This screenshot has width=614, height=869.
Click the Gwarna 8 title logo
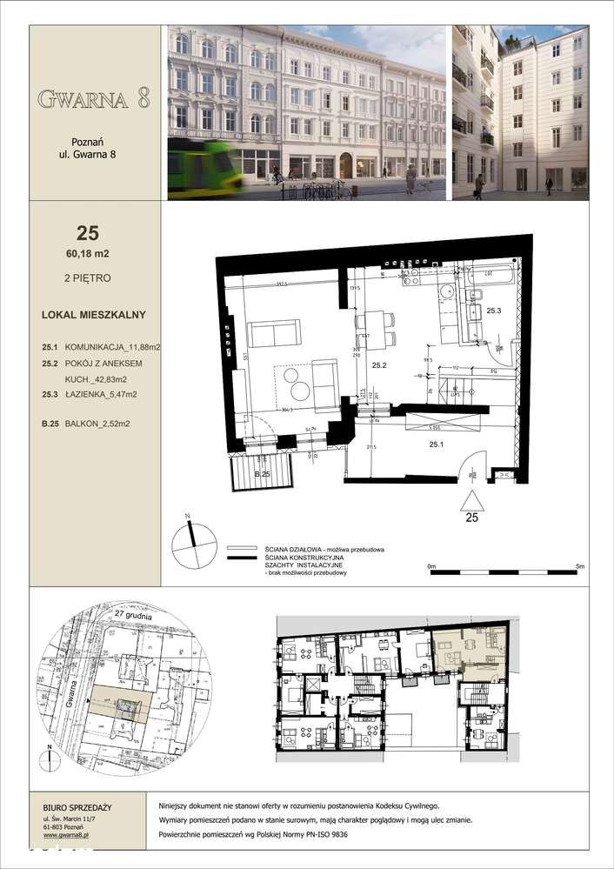tap(94, 98)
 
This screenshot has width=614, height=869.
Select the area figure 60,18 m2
tap(86, 253)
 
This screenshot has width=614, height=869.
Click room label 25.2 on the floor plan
tap(379, 364)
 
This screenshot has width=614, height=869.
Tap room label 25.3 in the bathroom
tap(494, 311)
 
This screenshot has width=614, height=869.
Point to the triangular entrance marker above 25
tap(471, 501)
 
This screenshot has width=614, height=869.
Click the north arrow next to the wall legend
tap(194, 545)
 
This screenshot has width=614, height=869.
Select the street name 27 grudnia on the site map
tap(133, 616)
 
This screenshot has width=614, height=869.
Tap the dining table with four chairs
tap(375, 330)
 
